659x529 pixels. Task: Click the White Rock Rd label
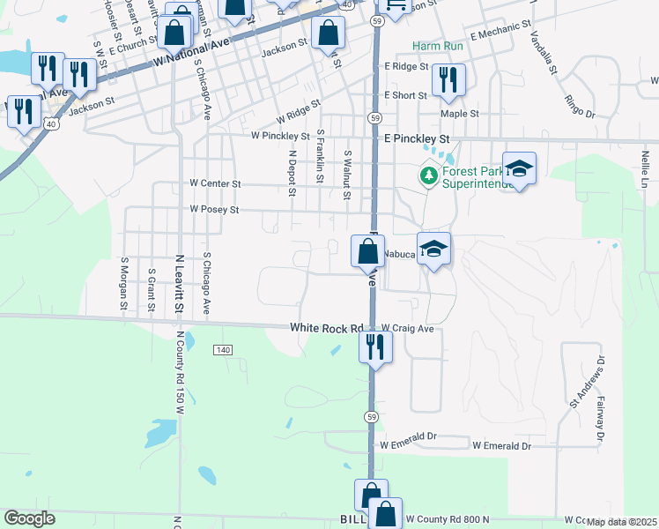[x=328, y=328]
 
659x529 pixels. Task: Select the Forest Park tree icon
[x=429, y=175]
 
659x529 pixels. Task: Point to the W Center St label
[x=215, y=183]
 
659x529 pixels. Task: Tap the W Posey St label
[x=214, y=210]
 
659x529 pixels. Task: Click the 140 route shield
[x=222, y=351]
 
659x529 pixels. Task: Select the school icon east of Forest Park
[x=520, y=168]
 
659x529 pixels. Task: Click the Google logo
[x=29, y=518]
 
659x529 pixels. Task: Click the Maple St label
[x=460, y=114]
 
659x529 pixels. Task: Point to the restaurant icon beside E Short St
[x=448, y=80]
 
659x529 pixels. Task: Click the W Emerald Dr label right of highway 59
[x=502, y=446]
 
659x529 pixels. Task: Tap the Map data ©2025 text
[x=620, y=522]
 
